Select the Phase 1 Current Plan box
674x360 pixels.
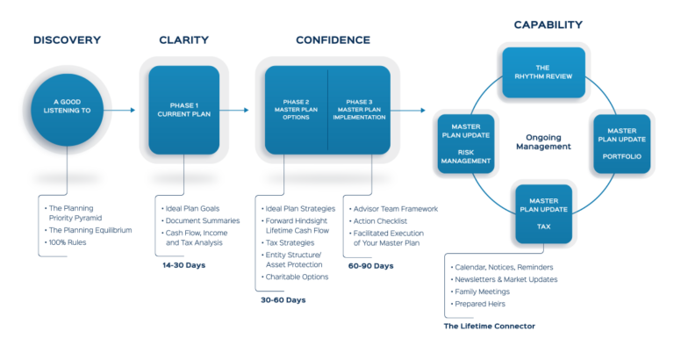tap(183, 109)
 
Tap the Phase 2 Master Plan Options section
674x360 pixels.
tap(296, 109)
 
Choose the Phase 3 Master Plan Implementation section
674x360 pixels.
tap(359, 109)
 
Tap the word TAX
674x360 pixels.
tap(544, 225)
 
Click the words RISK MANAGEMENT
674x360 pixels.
tap(464, 155)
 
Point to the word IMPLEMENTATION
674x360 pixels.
tap(359, 118)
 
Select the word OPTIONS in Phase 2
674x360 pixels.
tap(296, 118)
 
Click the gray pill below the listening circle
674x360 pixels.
tap(68, 178)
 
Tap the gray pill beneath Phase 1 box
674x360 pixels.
tap(183, 178)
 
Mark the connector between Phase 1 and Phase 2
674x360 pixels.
tap(241, 110)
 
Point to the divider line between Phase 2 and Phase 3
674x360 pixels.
tap(327, 109)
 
